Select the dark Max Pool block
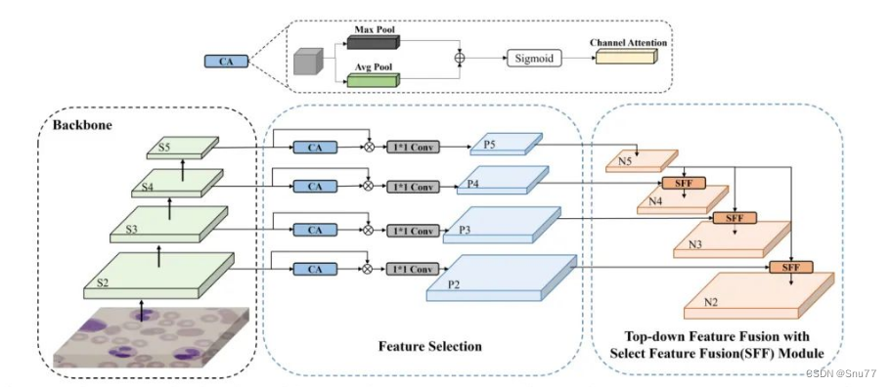tap(373, 43)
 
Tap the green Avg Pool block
tap(373, 80)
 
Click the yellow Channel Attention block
tap(626, 56)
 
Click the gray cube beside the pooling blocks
tap(308, 62)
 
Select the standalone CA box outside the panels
tap(226, 61)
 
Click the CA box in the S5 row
tap(315, 148)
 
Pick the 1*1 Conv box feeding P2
tap(413, 269)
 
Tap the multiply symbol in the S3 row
tap(368, 230)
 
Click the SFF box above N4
tap(684, 183)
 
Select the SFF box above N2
tap(791, 267)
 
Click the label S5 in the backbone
tap(164, 148)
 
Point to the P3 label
tap(465, 231)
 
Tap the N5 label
tap(625, 160)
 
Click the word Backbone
tap(82, 125)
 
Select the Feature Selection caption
tap(430, 346)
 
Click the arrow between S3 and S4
tap(170, 208)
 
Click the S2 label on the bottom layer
tap(102, 282)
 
